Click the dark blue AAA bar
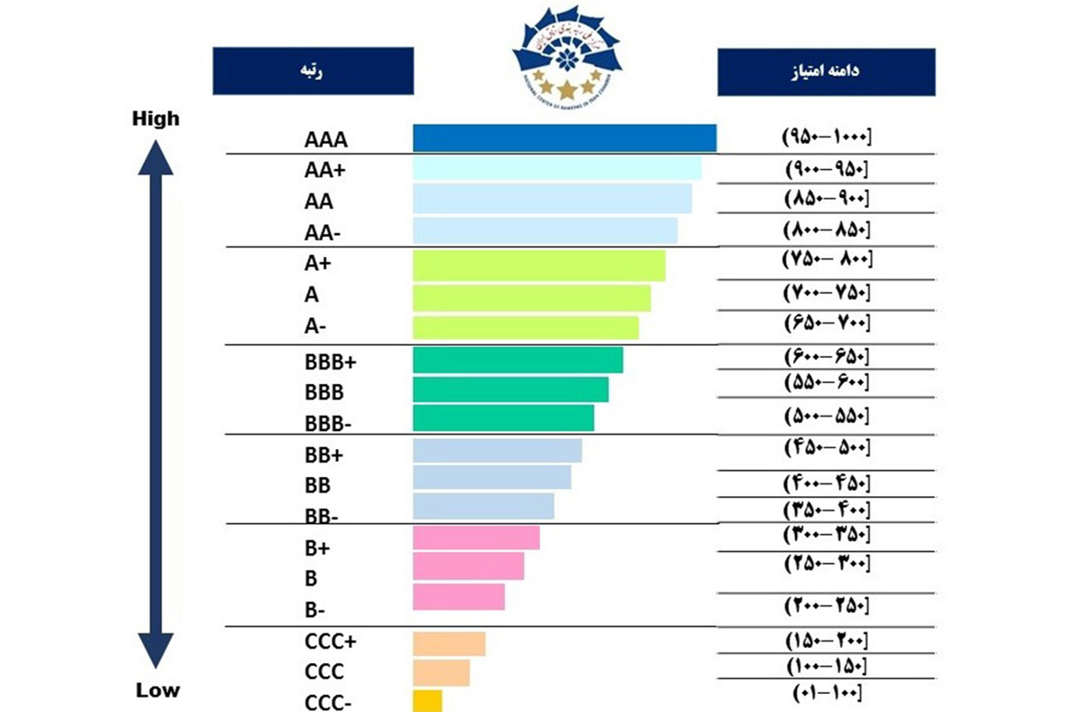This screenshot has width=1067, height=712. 564,137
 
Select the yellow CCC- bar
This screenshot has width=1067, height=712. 427,701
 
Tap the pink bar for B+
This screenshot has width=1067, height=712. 476,538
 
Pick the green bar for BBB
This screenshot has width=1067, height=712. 510,389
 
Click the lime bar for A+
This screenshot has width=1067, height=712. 538,266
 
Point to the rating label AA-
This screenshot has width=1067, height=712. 323,233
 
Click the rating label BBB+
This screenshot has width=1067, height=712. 331,362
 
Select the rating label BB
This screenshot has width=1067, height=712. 318,484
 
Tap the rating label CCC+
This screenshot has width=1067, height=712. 331,642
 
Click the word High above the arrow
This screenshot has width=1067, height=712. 155,118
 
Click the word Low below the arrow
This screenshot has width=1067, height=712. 158,691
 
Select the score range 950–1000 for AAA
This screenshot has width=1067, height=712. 826,137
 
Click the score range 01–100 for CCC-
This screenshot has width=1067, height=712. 826,693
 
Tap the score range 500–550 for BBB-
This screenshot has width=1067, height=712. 826,416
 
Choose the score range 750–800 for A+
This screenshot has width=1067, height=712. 826,259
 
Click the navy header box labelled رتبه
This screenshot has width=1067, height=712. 313,70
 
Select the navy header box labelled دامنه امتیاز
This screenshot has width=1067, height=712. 826,71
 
